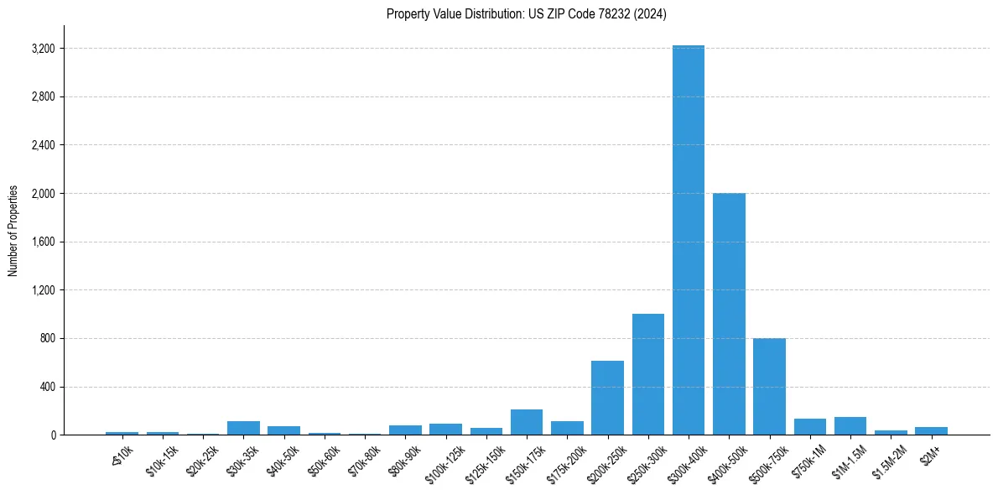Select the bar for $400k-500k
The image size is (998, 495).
[x=729, y=314]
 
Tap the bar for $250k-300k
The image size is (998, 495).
[x=648, y=374]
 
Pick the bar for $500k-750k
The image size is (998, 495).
[x=769, y=387]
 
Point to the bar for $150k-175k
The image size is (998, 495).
[x=527, y=422]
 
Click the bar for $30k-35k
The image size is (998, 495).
[x=243, y=428]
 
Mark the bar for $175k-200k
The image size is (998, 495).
[x=567, y=428]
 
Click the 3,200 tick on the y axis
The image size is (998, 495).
[x=42, y=49]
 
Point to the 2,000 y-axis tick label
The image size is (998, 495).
[x=42, y=194]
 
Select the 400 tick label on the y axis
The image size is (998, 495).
[x=46, y=387]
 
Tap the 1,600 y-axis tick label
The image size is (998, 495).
[x=42, y=242]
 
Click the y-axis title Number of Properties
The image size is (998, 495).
[x=13, y=230]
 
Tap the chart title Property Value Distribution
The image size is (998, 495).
[x=526, y=13]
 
